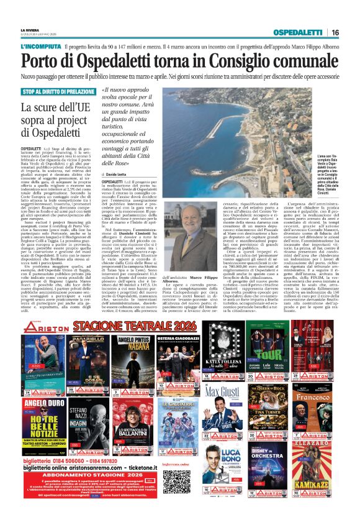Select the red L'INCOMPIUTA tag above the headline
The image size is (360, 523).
click(x=40, y=47)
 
